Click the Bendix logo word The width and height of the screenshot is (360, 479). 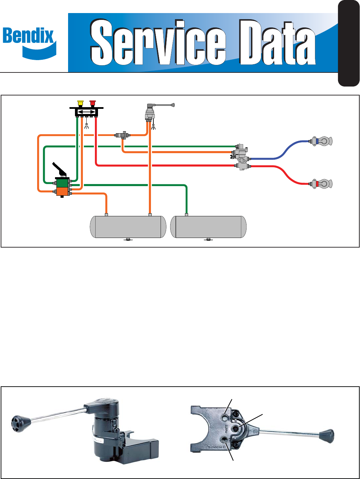pyautogui.click(x=28, y=36)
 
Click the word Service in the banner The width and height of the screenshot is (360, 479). pyautogui.click(x=158, y=42)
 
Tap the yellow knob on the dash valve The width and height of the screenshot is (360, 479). pyautogui.click(x=81, y=103)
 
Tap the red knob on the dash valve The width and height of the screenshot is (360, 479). pyautogui.click(x=92, y=103)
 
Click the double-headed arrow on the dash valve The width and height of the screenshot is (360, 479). pyautogui.click(x=87, y=112)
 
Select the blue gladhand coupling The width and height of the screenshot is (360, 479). pyautogui.click(x=321, y=141)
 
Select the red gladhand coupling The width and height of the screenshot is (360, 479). pyautogui.click(x=321, y=184)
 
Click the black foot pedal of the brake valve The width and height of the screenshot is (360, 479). pyautogui.click(x=60, y=170)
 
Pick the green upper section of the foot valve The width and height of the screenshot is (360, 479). pyautogui.click(x=63, y=183)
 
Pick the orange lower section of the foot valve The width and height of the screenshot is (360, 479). pyautogui.click(x=63, y=191)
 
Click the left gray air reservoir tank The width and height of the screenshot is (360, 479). pyautogui.click(x=128, y=227)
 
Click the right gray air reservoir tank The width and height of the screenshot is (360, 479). pyautogui.click(x=208, y=227)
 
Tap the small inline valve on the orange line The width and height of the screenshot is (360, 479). pyautogui.click(x=122, y=135)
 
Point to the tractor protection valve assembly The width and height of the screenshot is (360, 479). pyautogui.click(x=241, y=157)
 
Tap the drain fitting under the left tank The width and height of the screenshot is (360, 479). pyautogui.click(x=128, y=239)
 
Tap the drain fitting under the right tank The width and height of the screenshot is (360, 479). pyautogui.click(x=208, y=239)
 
